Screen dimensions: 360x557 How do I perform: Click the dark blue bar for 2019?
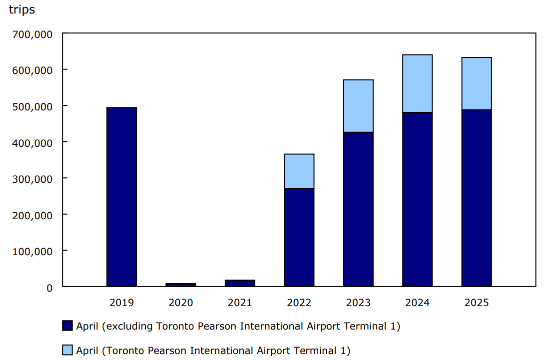pos(122,197)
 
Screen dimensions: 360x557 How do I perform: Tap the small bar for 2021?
pos(240,283)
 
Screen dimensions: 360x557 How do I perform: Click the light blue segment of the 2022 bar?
pos(299,171)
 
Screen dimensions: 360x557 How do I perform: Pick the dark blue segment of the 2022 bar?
pos(299,237)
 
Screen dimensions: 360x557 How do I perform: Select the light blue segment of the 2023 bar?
pos(358,106)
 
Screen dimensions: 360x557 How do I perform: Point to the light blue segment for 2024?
pos(417,83)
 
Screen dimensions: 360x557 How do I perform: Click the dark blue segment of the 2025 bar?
pos(477,198)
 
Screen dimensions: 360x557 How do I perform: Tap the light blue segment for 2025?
pos(477,84)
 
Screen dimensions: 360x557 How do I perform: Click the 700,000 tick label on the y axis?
pos(32,34)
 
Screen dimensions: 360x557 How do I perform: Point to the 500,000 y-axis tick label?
pos(32,106)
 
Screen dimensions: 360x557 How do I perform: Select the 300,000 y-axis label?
pos(32,179)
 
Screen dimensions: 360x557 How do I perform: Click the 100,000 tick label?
pos(32,251)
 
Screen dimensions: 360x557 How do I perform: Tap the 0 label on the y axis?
pos(49,288)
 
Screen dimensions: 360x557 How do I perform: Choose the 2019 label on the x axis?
pos(122,303)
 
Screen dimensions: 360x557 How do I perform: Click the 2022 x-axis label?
pos(299,303)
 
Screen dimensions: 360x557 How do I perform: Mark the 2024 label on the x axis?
pos(417,303)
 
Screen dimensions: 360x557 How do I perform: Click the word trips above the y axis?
pos(22,10)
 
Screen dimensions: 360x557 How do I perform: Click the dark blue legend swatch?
pos(67,326)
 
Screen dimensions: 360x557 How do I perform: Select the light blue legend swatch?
pos(67,350)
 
